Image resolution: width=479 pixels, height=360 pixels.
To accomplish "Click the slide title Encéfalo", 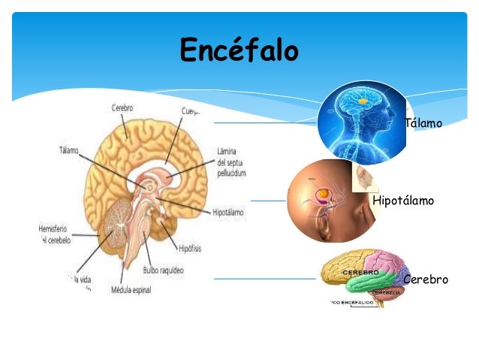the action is pos(239,51).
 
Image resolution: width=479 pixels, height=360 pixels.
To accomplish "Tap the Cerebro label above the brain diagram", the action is pos(122,108).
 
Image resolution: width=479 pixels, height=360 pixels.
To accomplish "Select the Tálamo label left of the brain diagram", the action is pos(68,150).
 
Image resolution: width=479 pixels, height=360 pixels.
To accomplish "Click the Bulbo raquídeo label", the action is pos(163,270).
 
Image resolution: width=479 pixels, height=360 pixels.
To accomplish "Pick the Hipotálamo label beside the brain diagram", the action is pos(228,213).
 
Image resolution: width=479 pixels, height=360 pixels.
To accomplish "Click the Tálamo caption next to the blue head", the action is pos(423,123).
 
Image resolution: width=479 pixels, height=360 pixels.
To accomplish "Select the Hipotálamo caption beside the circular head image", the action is pos(403,201).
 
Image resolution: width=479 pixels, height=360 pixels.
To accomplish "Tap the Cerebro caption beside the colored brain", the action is pos(426,280).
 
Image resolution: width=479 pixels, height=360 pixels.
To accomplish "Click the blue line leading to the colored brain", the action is pos(263,279).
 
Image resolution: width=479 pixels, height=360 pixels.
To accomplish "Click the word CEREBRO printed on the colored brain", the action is pos(360,271).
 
